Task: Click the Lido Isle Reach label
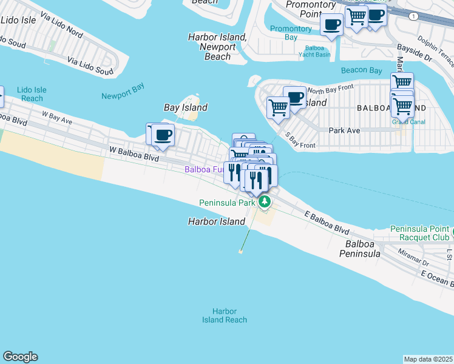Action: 32,94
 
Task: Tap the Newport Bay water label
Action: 123,96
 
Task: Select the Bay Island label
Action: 186,107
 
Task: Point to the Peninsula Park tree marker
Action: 264,202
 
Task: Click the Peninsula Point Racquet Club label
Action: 419,233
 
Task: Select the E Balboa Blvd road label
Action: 327,223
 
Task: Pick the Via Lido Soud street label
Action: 90,67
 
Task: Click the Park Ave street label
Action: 344,130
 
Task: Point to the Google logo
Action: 20,357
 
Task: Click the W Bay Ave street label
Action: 57,117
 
